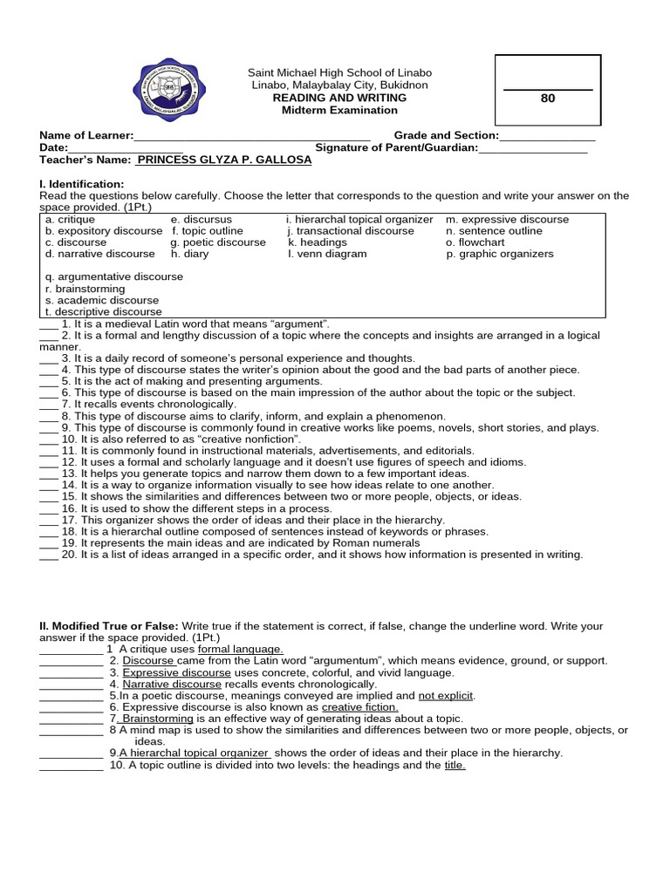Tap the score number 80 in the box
548,99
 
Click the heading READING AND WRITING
340,99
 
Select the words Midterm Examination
340,111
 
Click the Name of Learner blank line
252,137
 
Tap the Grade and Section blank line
547,137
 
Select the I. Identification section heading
82,184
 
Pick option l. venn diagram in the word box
327,254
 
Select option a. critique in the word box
67,220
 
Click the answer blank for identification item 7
48,406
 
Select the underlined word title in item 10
455,765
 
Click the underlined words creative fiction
359,707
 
